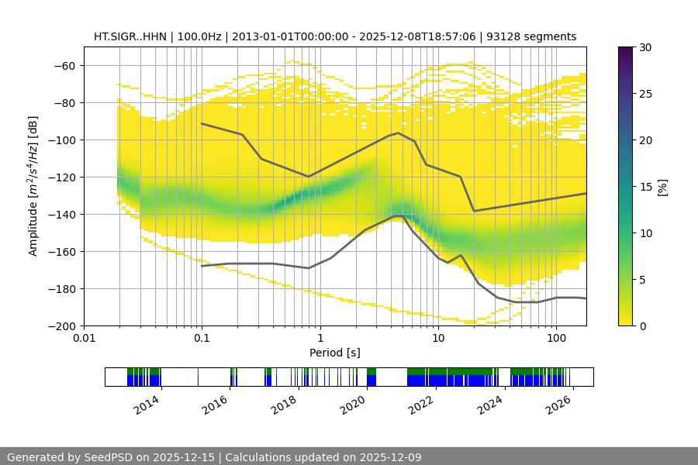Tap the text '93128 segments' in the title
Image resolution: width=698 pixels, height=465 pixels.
pos(538,36)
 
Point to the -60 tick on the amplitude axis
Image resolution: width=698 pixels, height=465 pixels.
pos(64,66)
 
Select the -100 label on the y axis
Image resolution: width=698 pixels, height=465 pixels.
pos(61,140)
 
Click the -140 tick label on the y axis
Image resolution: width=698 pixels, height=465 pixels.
pos(61,215)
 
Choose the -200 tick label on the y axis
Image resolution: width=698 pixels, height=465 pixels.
pos(61,326)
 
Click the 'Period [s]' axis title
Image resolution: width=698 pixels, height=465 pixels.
pos(335,353)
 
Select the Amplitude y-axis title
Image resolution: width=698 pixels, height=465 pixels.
pos(33,186)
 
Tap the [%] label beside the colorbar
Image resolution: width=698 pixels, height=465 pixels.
pos(663,187)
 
